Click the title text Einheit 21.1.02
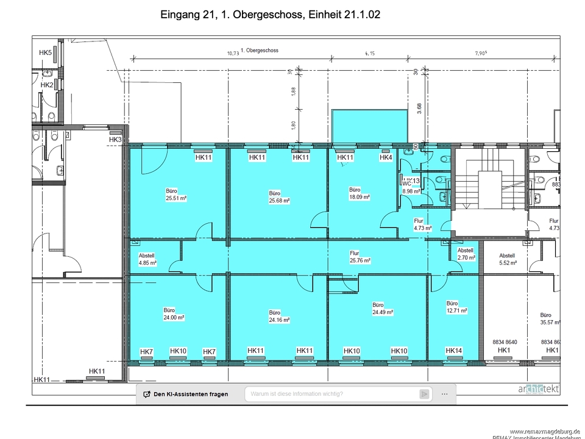[x=270, y=15]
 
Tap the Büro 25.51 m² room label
[x=176, y=195]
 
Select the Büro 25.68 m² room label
[x=279, y=197]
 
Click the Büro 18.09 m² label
[x=359, y=193]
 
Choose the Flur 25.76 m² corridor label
[x=360, y=257]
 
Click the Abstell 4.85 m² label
[x=147, y=260]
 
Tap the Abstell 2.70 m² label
[x=465, y=254]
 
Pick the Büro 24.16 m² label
[x=278, y=316]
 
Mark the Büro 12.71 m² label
[x=456, y=307]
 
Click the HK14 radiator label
[x=454, y=351]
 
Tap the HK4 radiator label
[x=386, y=158]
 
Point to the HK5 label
[x=46, y=53]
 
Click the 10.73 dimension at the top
[x=233, y=53]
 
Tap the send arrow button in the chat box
[x=424, y=394]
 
